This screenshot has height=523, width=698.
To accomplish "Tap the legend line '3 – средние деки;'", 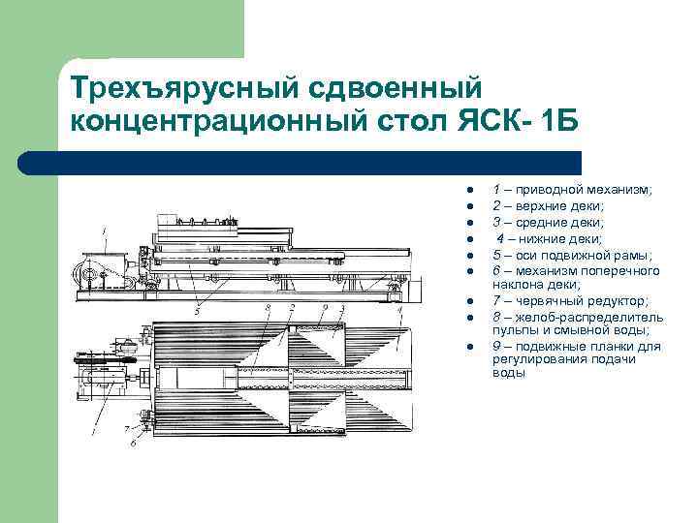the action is click(x=550, y=223).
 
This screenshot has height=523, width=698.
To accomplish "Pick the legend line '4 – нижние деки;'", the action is click(x=549, y=238).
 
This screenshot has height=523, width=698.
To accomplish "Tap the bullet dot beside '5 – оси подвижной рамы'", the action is click(x=466, y=256).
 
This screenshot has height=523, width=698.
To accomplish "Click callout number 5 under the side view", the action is click(x=197, y=312).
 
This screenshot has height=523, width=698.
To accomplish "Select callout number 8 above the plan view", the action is click(x=268, y=308).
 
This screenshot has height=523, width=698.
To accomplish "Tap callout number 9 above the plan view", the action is click(x=326, y=308).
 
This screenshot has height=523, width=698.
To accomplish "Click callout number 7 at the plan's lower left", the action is click(x=125, y=427).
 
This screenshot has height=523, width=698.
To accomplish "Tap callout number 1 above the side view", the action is click(x=104, y=231).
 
